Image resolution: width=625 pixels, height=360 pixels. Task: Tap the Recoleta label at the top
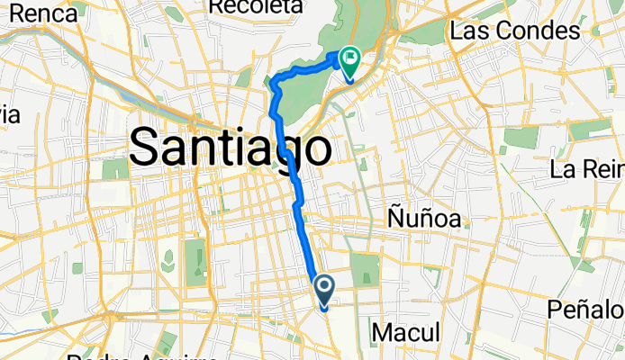(254, 6)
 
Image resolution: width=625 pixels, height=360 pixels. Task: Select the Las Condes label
(514, 31)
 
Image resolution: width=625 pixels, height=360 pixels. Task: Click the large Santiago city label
(230, 148)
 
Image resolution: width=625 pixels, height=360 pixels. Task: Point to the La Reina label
(587, 169)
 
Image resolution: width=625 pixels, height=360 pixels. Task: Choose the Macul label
(405, 333)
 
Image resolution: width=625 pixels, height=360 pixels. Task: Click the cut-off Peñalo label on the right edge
(586, 310)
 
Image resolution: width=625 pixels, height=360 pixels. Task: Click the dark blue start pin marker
(323, 289)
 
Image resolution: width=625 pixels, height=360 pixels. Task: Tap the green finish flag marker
(348, 61)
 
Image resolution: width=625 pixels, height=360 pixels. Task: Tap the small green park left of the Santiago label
(115, 168)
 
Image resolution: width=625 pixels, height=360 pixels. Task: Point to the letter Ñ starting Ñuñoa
(395, 219)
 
